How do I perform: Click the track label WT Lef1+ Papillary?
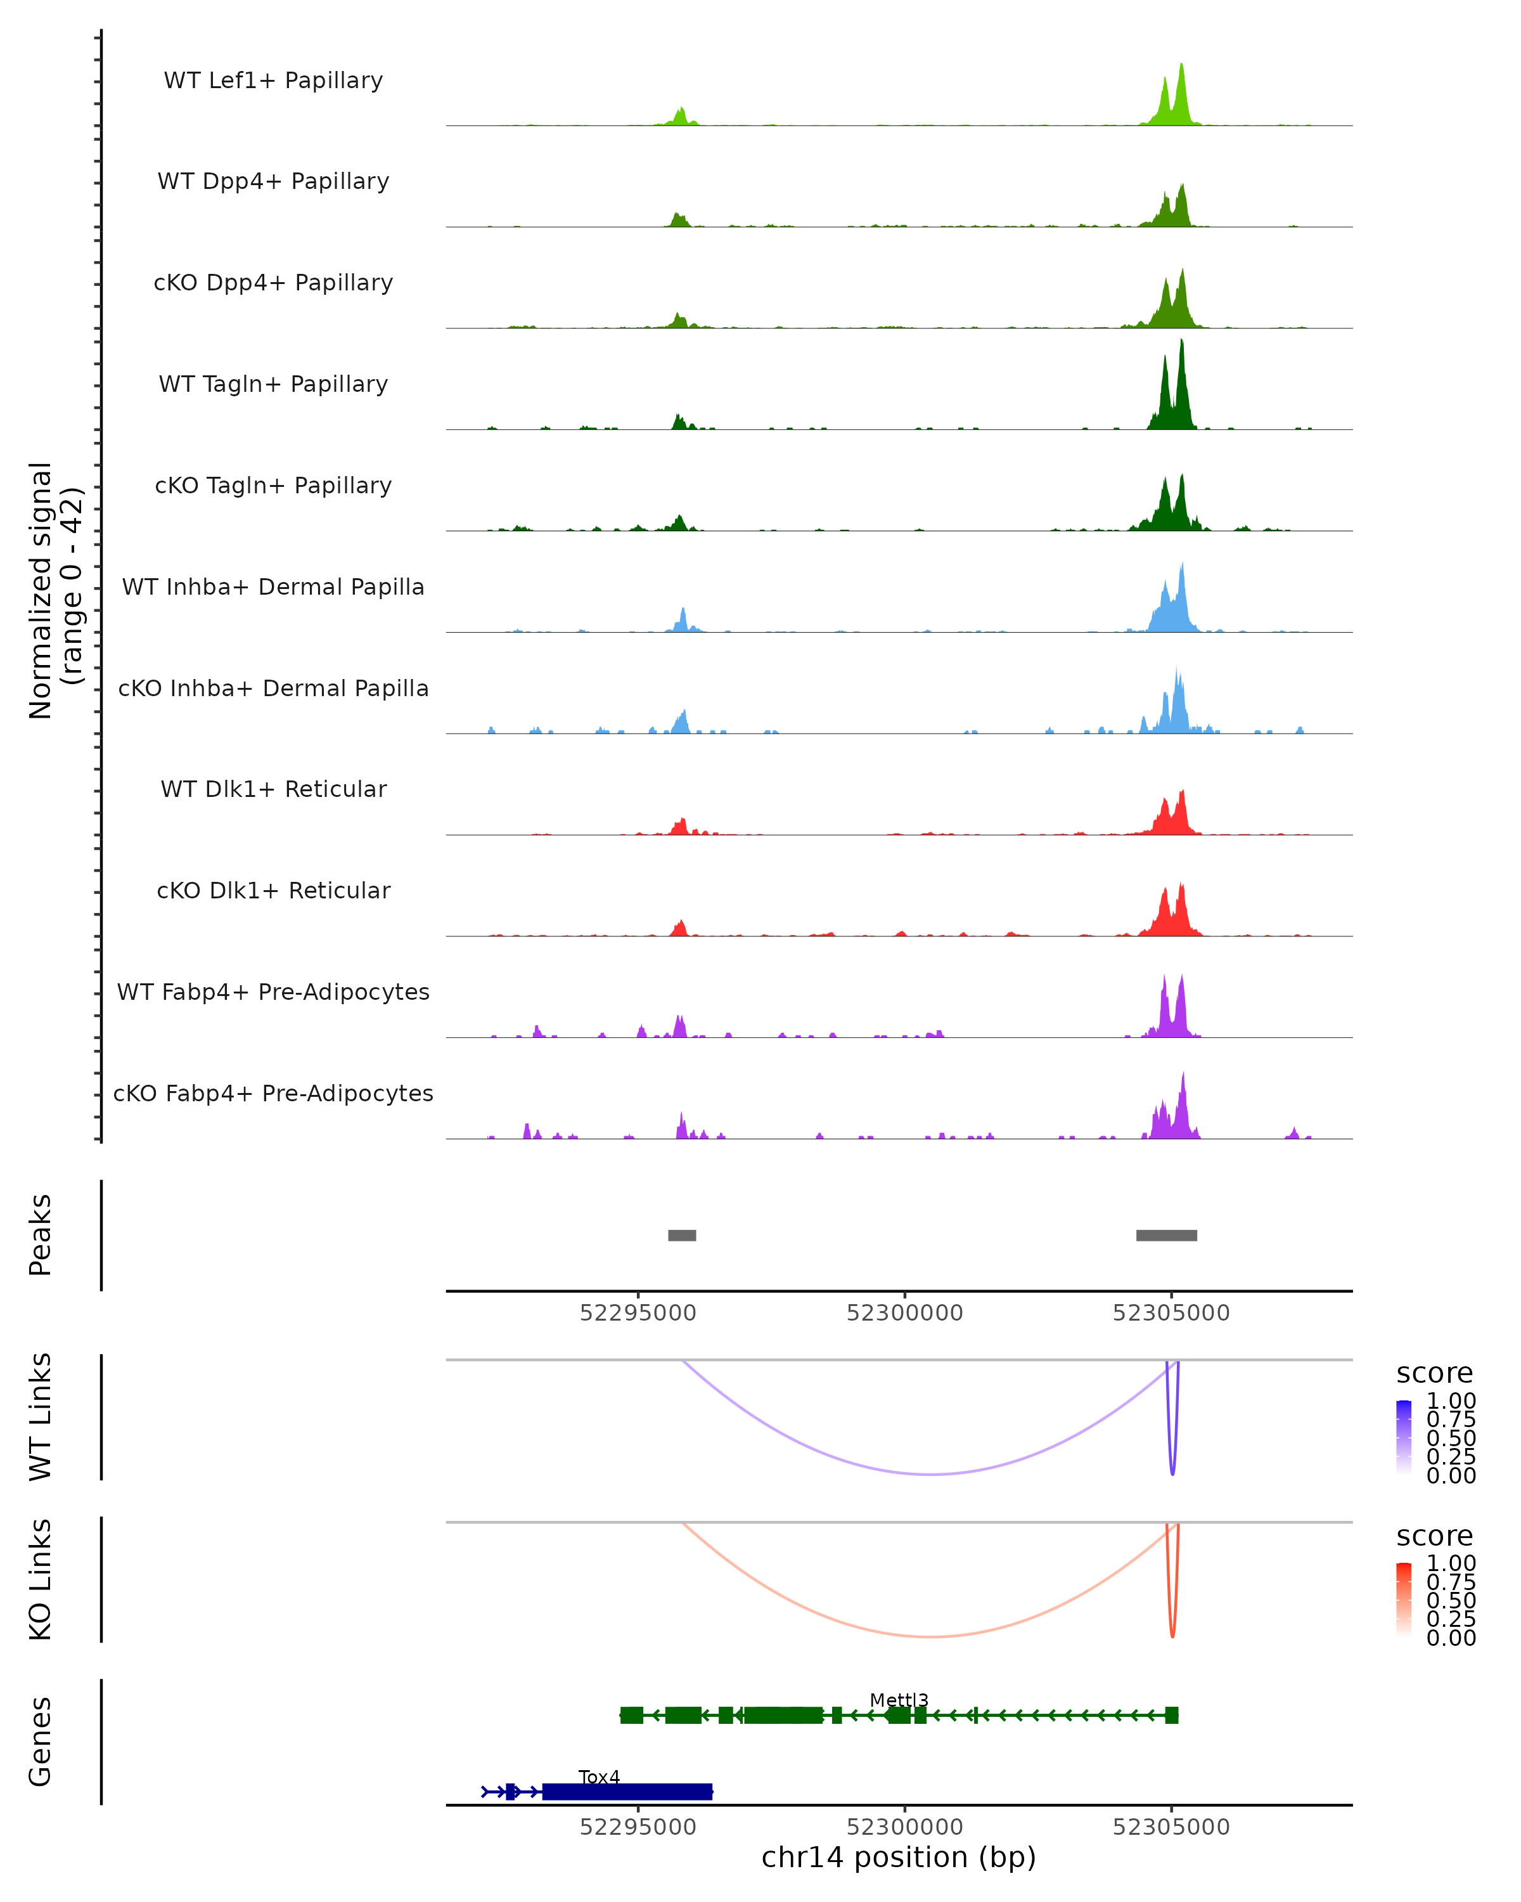click(x=273, y=81)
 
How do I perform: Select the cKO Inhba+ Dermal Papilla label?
click(x=273, y=688)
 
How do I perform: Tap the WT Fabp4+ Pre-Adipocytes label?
click(x=273, y=992)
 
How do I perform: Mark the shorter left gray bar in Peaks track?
click(x=681, y=1235)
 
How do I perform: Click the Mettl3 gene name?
click(x=899, y=1700)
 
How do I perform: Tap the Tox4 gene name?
click(x=599, y=1776)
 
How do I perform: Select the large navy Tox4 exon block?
click(x=627, y=1791)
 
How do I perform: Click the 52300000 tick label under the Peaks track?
click(x=904, y=1313)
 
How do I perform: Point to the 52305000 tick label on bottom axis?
click(x=1171, y=1827)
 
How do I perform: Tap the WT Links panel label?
click(x=41, y=1416)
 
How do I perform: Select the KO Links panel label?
click(x=41, y=1579)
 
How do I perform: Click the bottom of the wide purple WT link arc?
click(x=931, y=1474)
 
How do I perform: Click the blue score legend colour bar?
click(x=1404, y=1437)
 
